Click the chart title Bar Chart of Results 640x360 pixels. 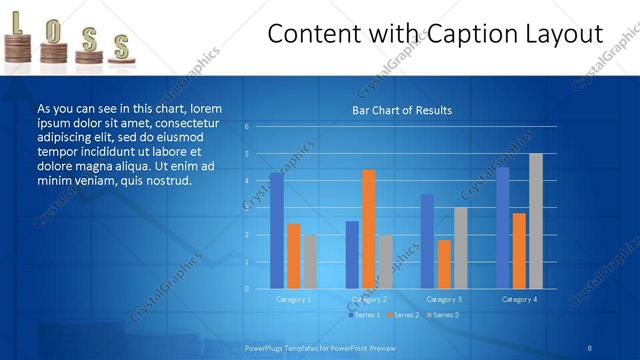pos(401,110)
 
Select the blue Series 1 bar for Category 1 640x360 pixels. pos(276,230)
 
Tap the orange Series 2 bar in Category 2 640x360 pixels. pos(368,228)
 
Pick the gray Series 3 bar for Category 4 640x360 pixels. pos(535,220)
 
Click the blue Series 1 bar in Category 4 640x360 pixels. pos(502,227)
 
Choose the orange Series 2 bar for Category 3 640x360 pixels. pos(444,263)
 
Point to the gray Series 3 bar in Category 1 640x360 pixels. pos(310,261)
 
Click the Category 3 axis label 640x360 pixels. pos(443,299)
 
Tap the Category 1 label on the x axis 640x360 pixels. pos(293,299)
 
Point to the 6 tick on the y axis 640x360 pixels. pos(246,127)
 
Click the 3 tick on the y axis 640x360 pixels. pos(246,208)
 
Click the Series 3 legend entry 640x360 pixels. pos(443,315)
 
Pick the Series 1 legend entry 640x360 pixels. pos(363,315)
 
